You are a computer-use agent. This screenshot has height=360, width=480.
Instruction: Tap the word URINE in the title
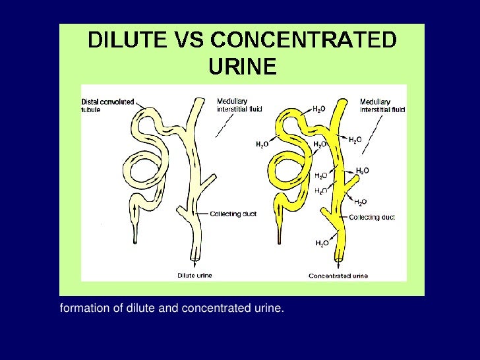pos(242,67)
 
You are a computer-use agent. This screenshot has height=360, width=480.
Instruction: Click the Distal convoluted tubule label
pos(107,105)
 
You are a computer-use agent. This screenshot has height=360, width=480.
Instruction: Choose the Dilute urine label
pos(195,275)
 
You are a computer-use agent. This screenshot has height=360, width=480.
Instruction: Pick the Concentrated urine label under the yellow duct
pos(338,276)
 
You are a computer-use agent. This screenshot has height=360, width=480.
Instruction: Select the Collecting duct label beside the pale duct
pos(229,214)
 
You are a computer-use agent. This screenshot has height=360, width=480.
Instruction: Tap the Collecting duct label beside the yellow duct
pos(372,218)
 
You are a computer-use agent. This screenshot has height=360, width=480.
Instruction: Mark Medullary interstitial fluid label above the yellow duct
pos(382,105)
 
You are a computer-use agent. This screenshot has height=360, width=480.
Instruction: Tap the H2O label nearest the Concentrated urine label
pos(321,243)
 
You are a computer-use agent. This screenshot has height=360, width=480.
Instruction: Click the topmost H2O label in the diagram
pos(318,109)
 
